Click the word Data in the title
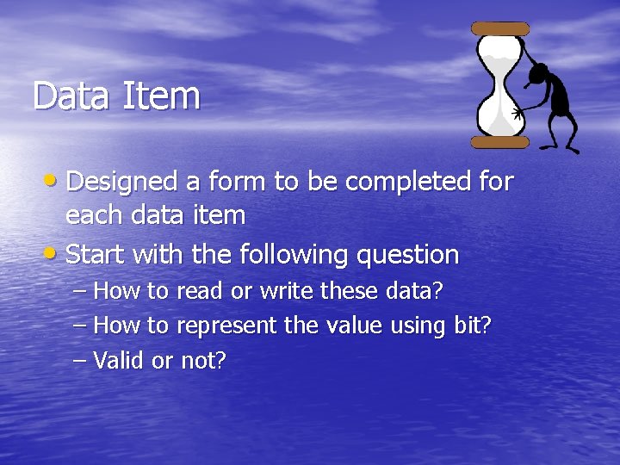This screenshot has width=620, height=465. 70,96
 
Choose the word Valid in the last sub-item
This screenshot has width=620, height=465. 118,360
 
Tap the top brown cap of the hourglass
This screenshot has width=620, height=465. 500,29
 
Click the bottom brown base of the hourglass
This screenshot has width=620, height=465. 499,142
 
